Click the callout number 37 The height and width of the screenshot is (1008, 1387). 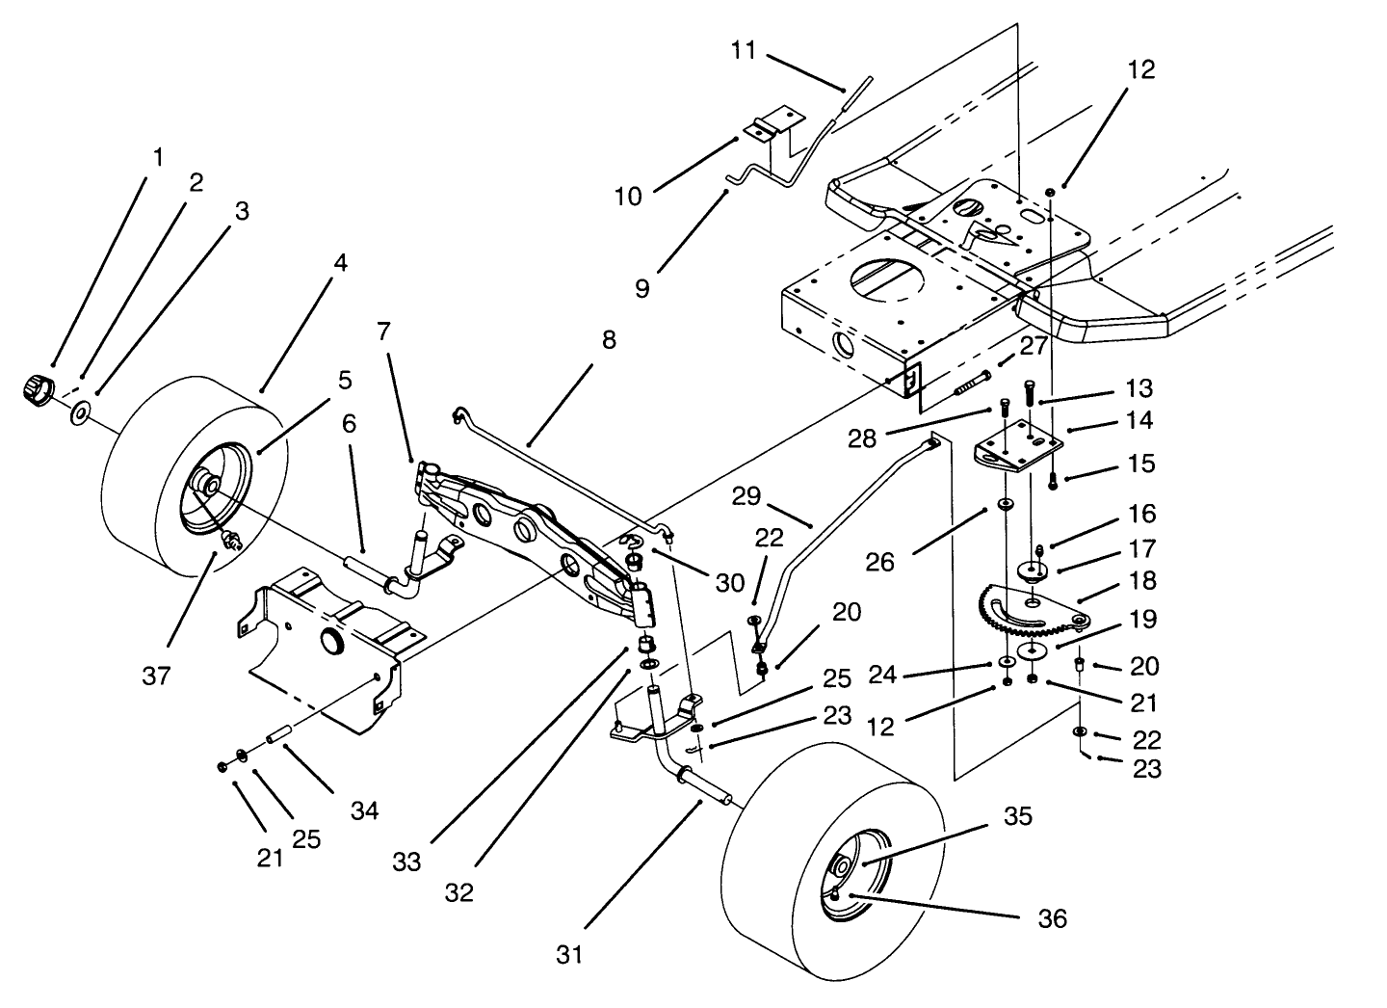point(156,676)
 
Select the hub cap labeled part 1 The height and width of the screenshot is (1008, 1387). point(36,391)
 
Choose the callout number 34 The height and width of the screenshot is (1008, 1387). point(363,811)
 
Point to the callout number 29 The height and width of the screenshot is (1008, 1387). point(747,497)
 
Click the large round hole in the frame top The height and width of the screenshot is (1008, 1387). point(887,282)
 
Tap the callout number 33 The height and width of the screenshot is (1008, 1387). point(406,862)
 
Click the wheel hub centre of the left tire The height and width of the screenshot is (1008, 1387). point(204,482)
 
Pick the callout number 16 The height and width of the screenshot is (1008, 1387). point(1142,514)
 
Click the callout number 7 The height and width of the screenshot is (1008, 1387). point(383,332)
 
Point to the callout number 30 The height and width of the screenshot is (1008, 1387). point(729,583)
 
